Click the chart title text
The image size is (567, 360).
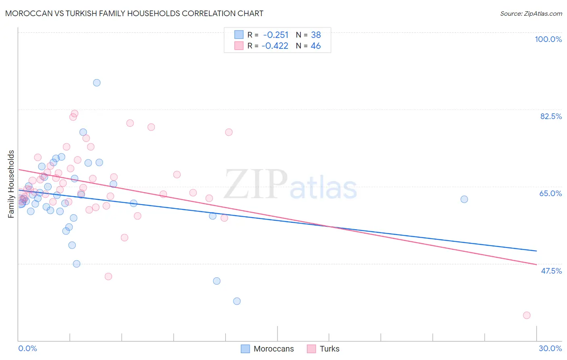coord(134,13)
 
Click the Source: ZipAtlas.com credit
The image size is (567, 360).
coord(531,13)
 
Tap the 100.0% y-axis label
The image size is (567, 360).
coord(548,39)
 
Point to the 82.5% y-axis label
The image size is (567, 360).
coord(551,116)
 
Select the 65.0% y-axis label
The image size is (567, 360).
coord(550,193)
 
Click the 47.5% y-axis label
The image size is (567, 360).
coord(551,271)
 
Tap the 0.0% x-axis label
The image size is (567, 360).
coord(27,348)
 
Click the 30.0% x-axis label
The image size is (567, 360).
coord(550,348)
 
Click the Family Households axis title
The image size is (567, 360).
coord(11,184)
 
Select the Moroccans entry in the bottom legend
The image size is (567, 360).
coord(273,349)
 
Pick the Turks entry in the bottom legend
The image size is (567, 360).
coord(329,349)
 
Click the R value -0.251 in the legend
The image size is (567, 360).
coord(276,35)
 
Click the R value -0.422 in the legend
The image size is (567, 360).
coord(275,46)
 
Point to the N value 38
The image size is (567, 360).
coord(316,35)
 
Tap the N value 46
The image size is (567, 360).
coord(316,46)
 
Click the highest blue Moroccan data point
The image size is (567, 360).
coord(97,83)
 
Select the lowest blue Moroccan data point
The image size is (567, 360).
coord(237,301)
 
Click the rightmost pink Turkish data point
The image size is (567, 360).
coord(527,315)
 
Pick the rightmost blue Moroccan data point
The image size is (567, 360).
coord(464,199)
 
